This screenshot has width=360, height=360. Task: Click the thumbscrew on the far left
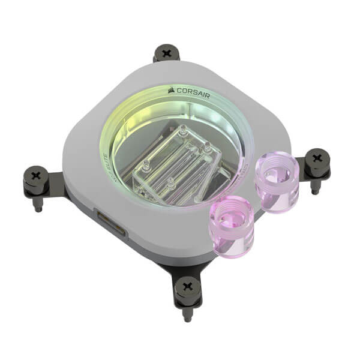(35, 178)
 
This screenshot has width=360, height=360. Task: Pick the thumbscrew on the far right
(317, 162)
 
